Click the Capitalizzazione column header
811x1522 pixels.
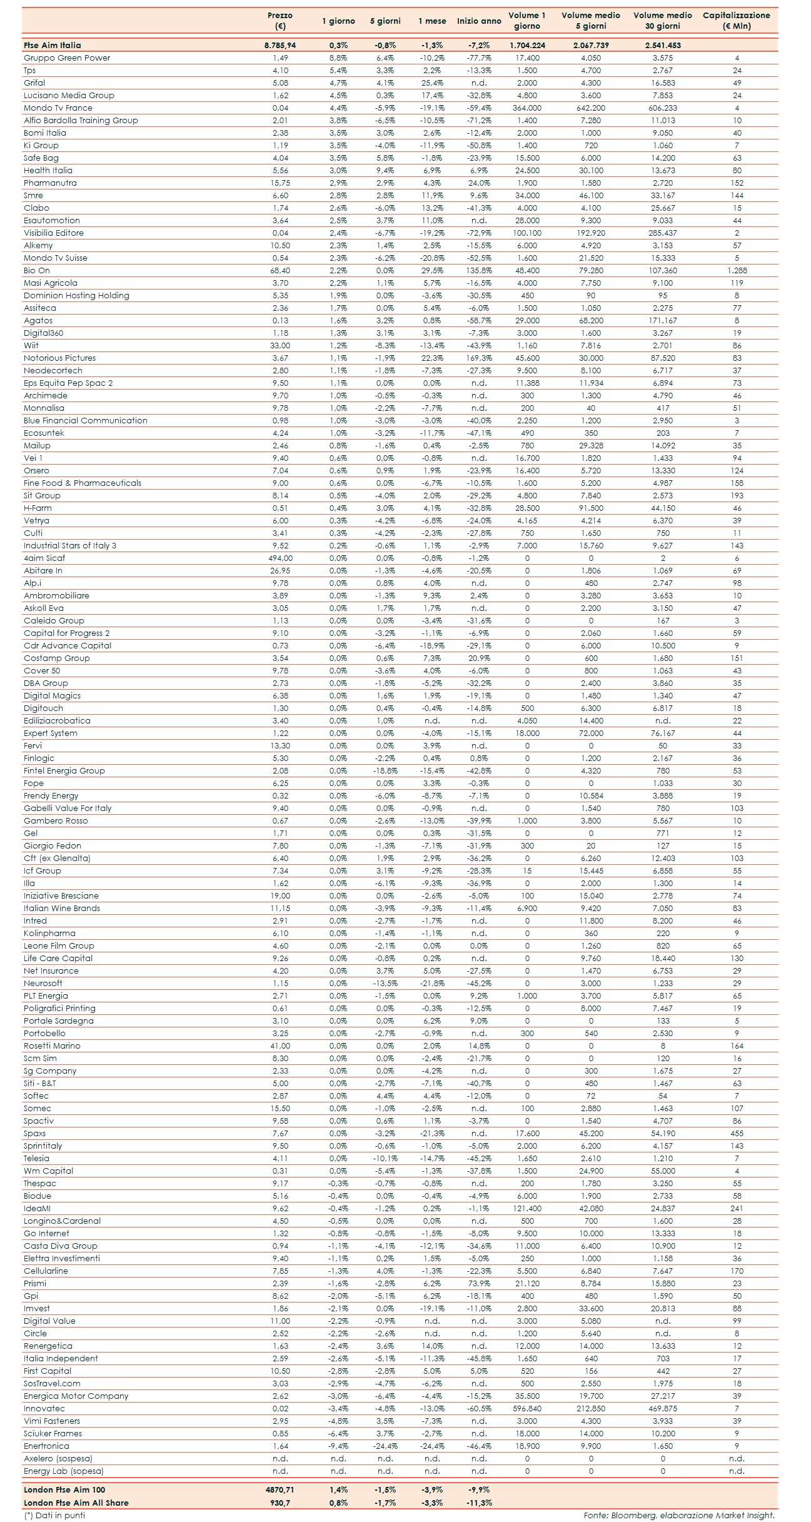736,21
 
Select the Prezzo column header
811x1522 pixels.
280,21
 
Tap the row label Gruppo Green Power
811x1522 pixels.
67,58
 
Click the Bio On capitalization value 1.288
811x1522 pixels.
737,271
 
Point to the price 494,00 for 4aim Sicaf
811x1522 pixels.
280,558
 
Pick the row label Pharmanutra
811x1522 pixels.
50,183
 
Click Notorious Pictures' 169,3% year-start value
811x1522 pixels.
479,358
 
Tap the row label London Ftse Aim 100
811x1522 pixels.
64,1490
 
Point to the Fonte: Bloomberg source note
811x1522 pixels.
678,1515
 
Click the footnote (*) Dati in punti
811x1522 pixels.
54,1515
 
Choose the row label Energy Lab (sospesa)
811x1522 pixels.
64,1471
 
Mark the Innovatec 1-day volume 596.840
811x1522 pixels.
527,1409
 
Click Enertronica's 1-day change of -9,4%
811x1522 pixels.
338,1446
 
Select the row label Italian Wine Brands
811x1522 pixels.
62,909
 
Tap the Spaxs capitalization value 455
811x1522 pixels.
737,1134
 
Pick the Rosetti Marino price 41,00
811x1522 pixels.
280,1046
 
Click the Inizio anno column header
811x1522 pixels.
479,21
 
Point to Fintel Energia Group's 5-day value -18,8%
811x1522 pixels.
385,771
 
